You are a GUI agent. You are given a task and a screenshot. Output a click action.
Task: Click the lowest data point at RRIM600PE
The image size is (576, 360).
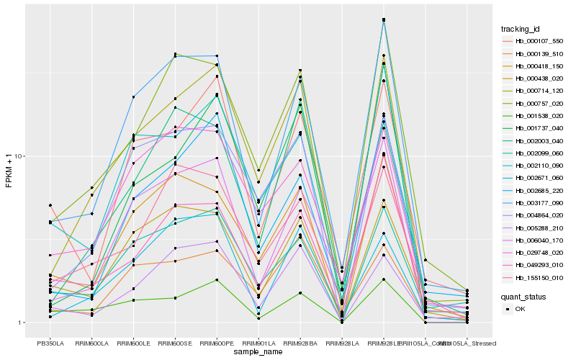(x=217, y=279)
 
